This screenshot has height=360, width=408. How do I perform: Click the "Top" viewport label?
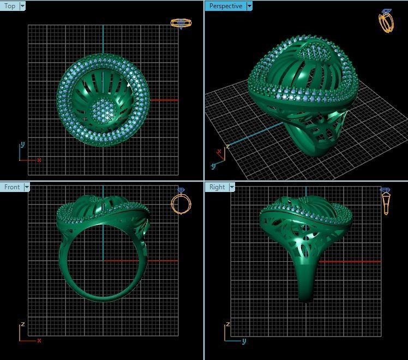(10, 6)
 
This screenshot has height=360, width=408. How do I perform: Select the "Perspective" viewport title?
(225, 6)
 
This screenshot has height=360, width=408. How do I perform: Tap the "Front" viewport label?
(11, 187)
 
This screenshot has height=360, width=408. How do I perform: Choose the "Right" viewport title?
(217, 187)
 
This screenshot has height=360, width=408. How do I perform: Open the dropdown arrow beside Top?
(22, 6)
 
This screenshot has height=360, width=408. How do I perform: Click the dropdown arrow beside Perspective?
(249, 6)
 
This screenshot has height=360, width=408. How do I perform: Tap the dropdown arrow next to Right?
(232, 187)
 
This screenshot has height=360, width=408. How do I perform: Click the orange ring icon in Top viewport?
(181, 23)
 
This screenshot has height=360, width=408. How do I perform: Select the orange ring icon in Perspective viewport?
(386, 21)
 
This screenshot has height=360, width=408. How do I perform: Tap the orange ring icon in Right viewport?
(386, 201)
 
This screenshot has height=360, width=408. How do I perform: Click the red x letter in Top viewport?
(39, 160)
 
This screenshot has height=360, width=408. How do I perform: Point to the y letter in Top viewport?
(22, 145)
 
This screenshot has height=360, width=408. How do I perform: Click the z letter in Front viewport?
(22, 324)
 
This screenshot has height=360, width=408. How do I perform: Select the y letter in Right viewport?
(244, 341)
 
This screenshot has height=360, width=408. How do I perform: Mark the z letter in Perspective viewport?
(228, 147)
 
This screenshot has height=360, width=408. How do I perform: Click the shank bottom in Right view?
(307, 297)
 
